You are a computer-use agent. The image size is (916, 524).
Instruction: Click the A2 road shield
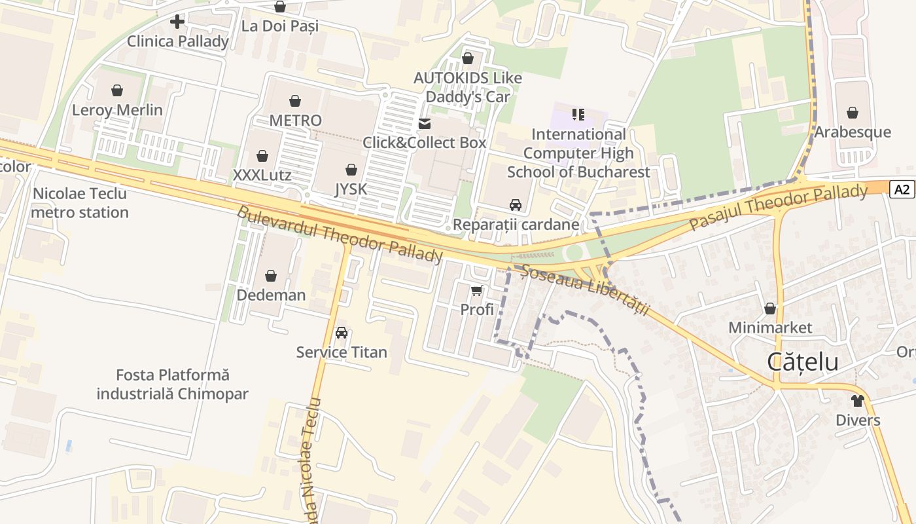click(x=902, y=190)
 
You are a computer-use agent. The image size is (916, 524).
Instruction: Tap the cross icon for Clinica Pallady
click(x=177, y=22)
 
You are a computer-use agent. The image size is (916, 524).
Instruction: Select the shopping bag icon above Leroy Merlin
click(x=117, y=90)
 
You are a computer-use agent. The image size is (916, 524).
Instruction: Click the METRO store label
click(x=295, y=121)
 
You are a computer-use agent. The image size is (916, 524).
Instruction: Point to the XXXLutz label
click(x=262, y=176)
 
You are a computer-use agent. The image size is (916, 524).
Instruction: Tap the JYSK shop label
click(x=351, y=189)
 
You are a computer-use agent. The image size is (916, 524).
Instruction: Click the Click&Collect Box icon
click(x=425, y=123)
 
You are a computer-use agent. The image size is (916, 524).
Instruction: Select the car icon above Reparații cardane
click(x=516, y=205)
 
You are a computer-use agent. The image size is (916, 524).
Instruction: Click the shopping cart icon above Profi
click(x=477, y=290)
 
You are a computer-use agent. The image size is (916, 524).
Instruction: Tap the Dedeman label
click(x=271, y=295)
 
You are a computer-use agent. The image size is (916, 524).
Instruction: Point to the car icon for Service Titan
click(x=341, y=333)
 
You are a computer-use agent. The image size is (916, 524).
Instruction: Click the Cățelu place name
click(x=802, y=362)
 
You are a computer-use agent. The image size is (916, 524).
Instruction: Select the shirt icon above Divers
click(x=858, y=400)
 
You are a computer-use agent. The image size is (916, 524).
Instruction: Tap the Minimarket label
click(x=770, y=327)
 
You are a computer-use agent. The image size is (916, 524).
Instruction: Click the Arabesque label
click(x=852, y=132)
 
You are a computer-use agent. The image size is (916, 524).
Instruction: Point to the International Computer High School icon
click(x=578, y=115)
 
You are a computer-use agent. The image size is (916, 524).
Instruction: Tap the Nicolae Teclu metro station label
click(x=80, y=203)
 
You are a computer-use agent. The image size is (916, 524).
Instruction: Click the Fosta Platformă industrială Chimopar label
click(x=173, y=384)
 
